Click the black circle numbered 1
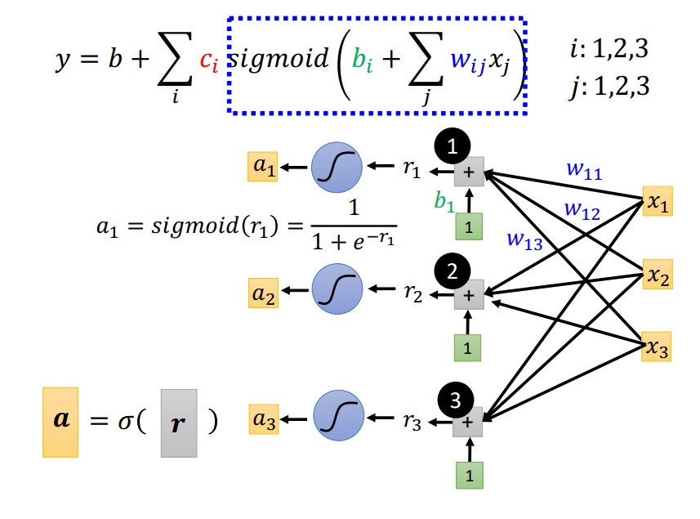(453, 146)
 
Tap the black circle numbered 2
(453, 271)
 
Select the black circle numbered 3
(455, 400)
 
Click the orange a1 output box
(263, 167)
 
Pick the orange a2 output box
(263, 293)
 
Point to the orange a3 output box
(264, 419)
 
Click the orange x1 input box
(658, 201)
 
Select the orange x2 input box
(658, 275)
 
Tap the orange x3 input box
(656, 347)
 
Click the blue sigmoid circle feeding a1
(337, 168)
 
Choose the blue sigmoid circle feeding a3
(339, 416)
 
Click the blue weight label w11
(584, 171)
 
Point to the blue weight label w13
(524, 241)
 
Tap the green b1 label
(444, 201)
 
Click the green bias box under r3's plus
(470, 475)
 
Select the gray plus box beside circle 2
(469, 295)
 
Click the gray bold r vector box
(179, 423)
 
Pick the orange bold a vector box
(60, 423)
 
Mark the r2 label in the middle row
(412, 293)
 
